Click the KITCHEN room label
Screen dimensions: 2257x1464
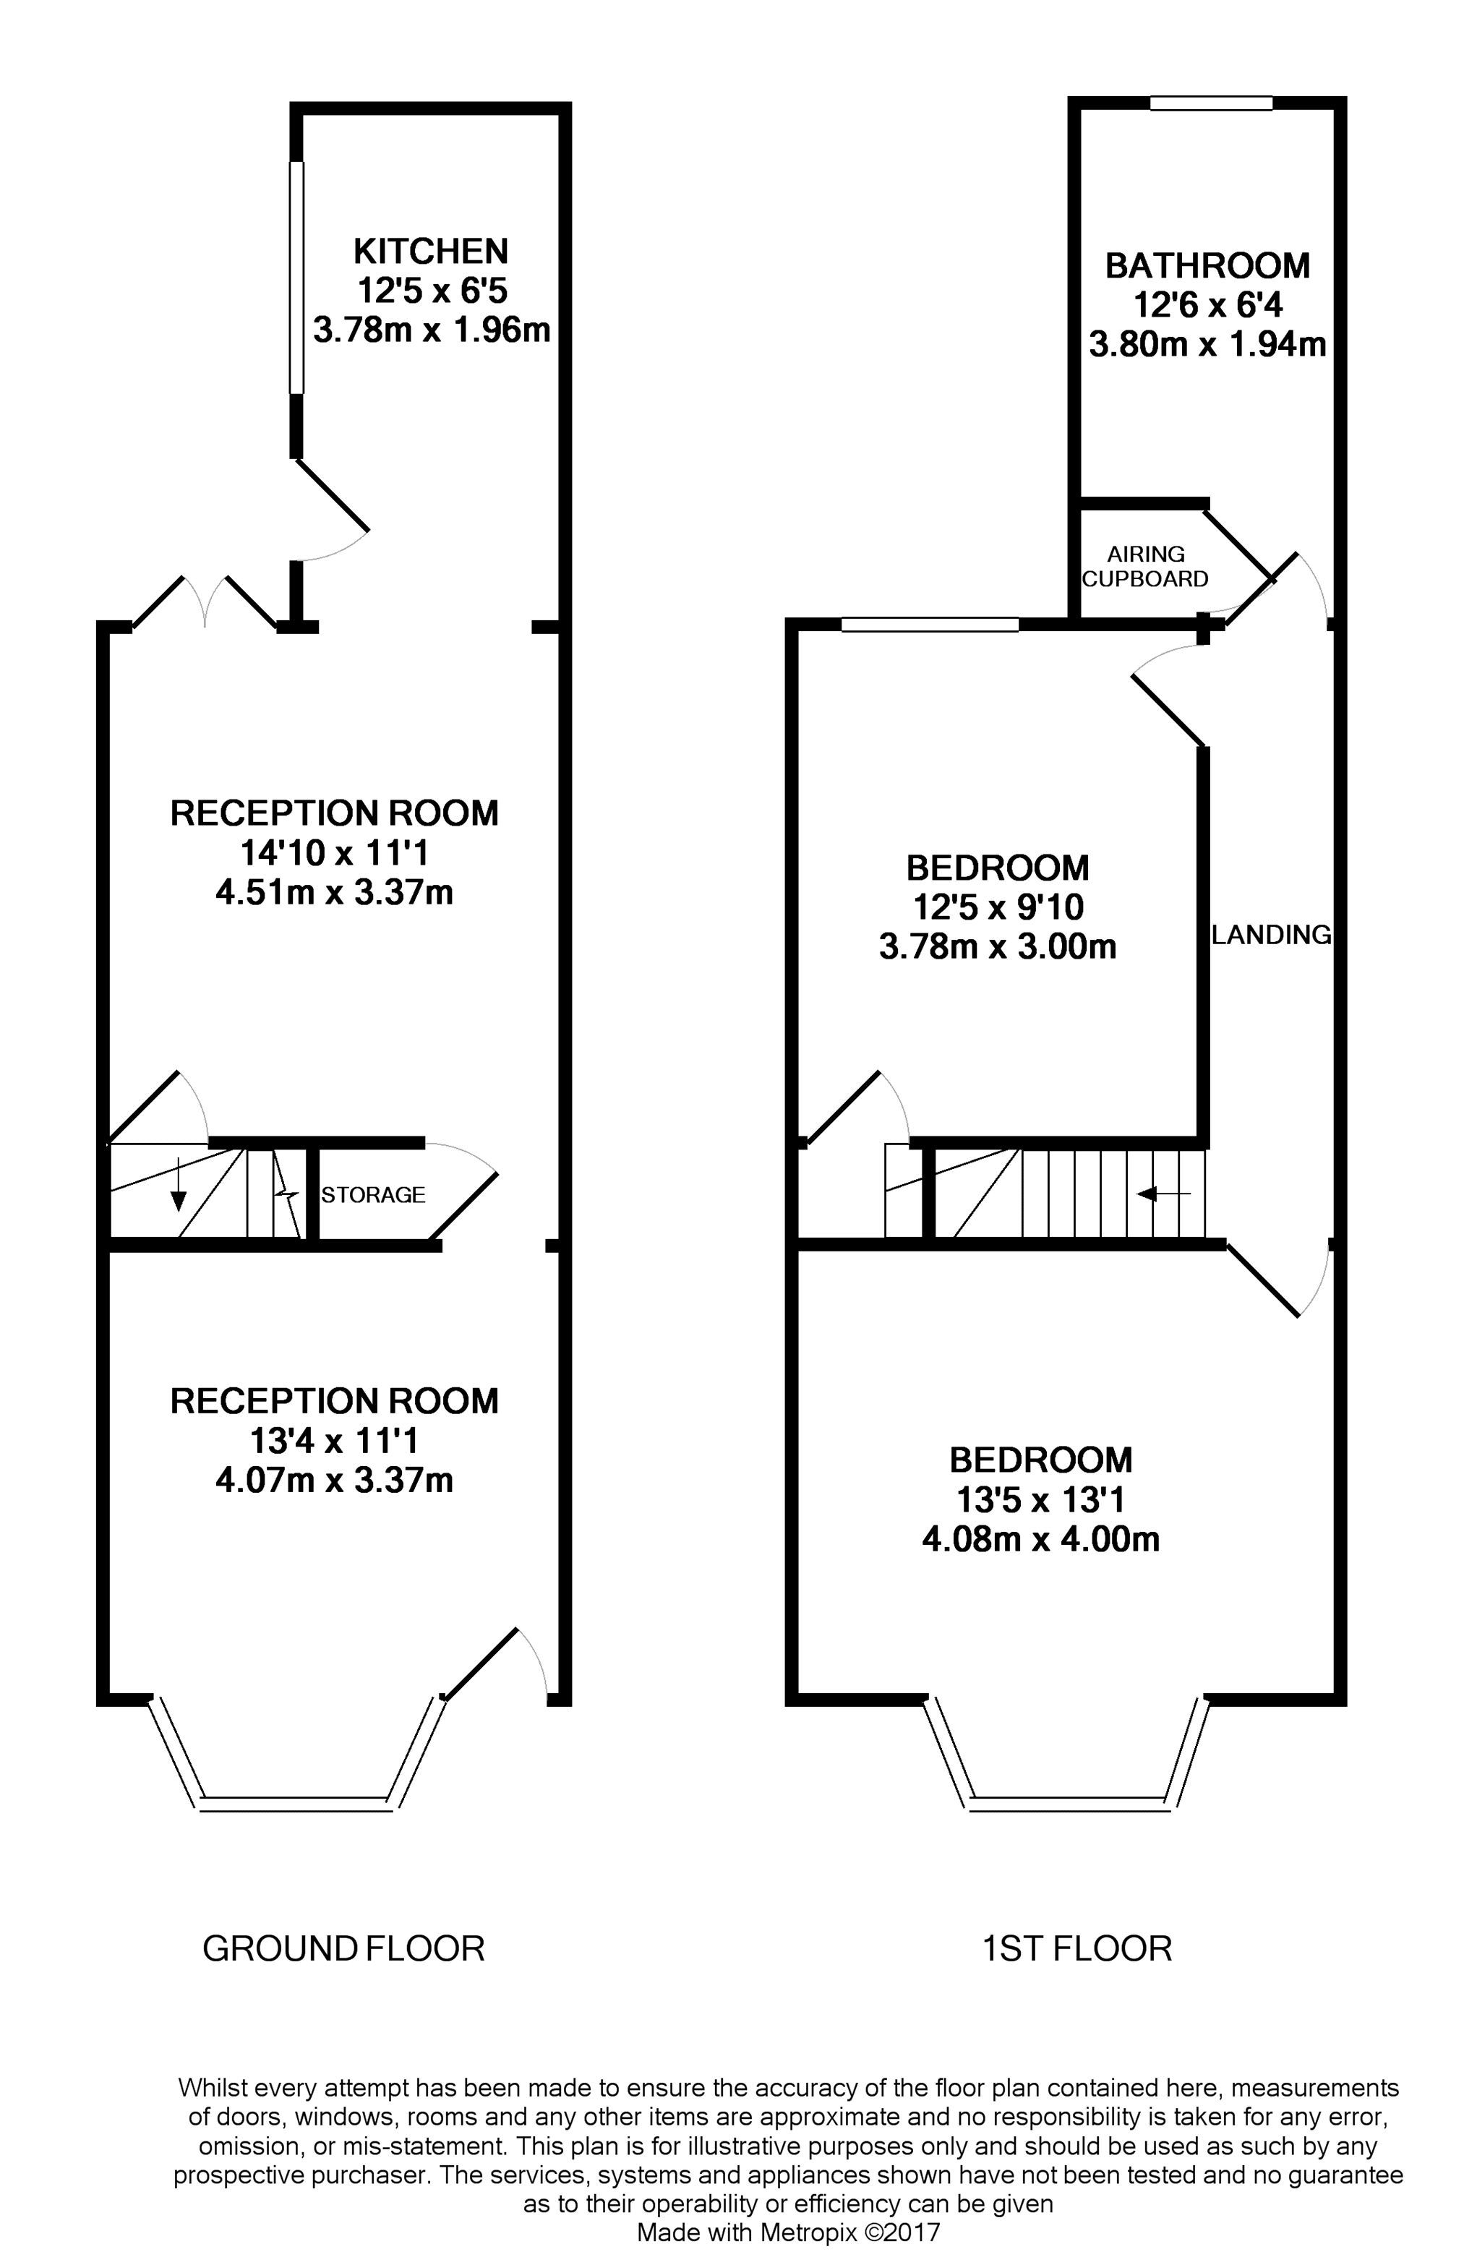[x=430, y=252]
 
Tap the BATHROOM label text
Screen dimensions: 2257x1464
[x=1207, y=265]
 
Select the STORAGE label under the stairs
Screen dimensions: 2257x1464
[x=372, y=1195]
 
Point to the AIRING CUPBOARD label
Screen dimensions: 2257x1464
[x=1145, y=566]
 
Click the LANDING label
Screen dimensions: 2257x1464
[x=1270, y=935]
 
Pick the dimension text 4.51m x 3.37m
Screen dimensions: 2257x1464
[x=334, y=892]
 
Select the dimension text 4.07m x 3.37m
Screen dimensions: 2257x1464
[x=334, y=1481]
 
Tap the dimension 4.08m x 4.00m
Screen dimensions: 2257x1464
[x=1040, y=1539]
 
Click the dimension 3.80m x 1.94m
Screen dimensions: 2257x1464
[x=1207, y=344]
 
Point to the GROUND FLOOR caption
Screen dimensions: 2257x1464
[x=343, y=1949]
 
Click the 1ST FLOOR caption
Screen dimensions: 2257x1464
[x=1076, y=1949]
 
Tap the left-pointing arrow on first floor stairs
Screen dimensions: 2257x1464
[x=1163, y=1194]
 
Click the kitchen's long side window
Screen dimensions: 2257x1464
[x=297, y=277]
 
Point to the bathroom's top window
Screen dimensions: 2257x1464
[x=1211, y=103]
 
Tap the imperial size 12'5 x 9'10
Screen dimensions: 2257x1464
[x=998, y=907]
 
